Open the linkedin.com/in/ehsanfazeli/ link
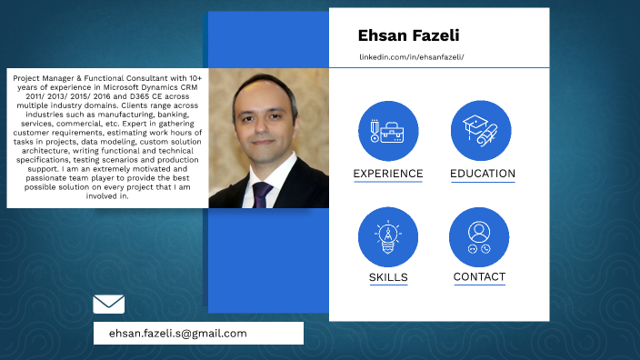pos(412,57)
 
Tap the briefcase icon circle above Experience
pos(388,131)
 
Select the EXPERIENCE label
pos(388,174)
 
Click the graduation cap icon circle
pos(481,131)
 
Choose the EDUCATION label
pos(483,174)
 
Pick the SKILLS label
pos(388,277)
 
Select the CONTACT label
pos(479,276)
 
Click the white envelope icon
pos(109,305)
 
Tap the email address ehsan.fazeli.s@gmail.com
pos(177,334)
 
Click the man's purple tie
pos(263,194)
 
